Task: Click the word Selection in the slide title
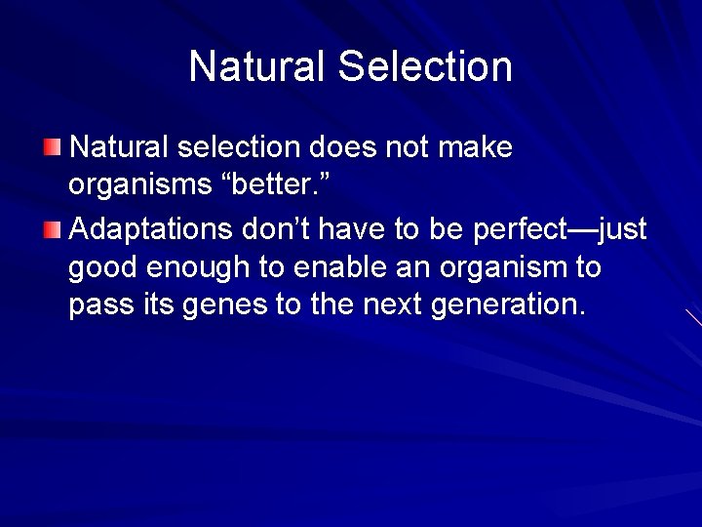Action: click(x=424, y=66)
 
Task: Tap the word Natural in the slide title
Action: click(x=256, y=66)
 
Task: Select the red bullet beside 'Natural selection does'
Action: click(x=52, y=148)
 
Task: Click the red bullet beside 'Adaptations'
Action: click(x=52, y=230)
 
